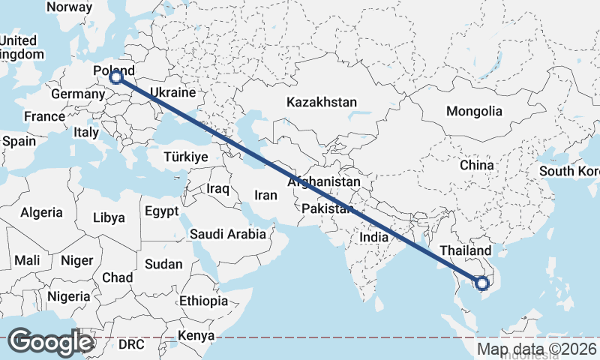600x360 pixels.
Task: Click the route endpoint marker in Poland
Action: coord(115,76)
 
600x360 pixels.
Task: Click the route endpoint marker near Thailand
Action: coord(482,283)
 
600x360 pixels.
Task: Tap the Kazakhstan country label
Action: coord(322,102)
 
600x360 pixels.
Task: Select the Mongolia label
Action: coord(474,111)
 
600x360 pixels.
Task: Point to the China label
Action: coord(477,164)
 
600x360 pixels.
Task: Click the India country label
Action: coord(373,237)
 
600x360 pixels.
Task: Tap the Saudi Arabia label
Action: coord(227,234)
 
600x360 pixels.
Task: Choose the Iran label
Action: coord(266,195)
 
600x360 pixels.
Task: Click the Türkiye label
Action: coord(185,157)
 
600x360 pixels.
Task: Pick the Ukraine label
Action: coord(172,93)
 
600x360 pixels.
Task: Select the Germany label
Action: coord(78,94)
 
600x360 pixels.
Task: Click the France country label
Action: coord(44,117)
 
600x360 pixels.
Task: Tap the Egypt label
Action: coord(162,211)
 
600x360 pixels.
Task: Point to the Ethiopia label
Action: coord(203,301)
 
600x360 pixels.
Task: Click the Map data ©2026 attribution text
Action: coord(537,349)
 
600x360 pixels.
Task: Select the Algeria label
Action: coord(42,213)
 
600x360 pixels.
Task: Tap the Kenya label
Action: coord(196,335)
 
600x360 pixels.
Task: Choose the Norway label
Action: coord(69,7)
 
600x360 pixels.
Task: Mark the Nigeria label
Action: coord(68,295)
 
